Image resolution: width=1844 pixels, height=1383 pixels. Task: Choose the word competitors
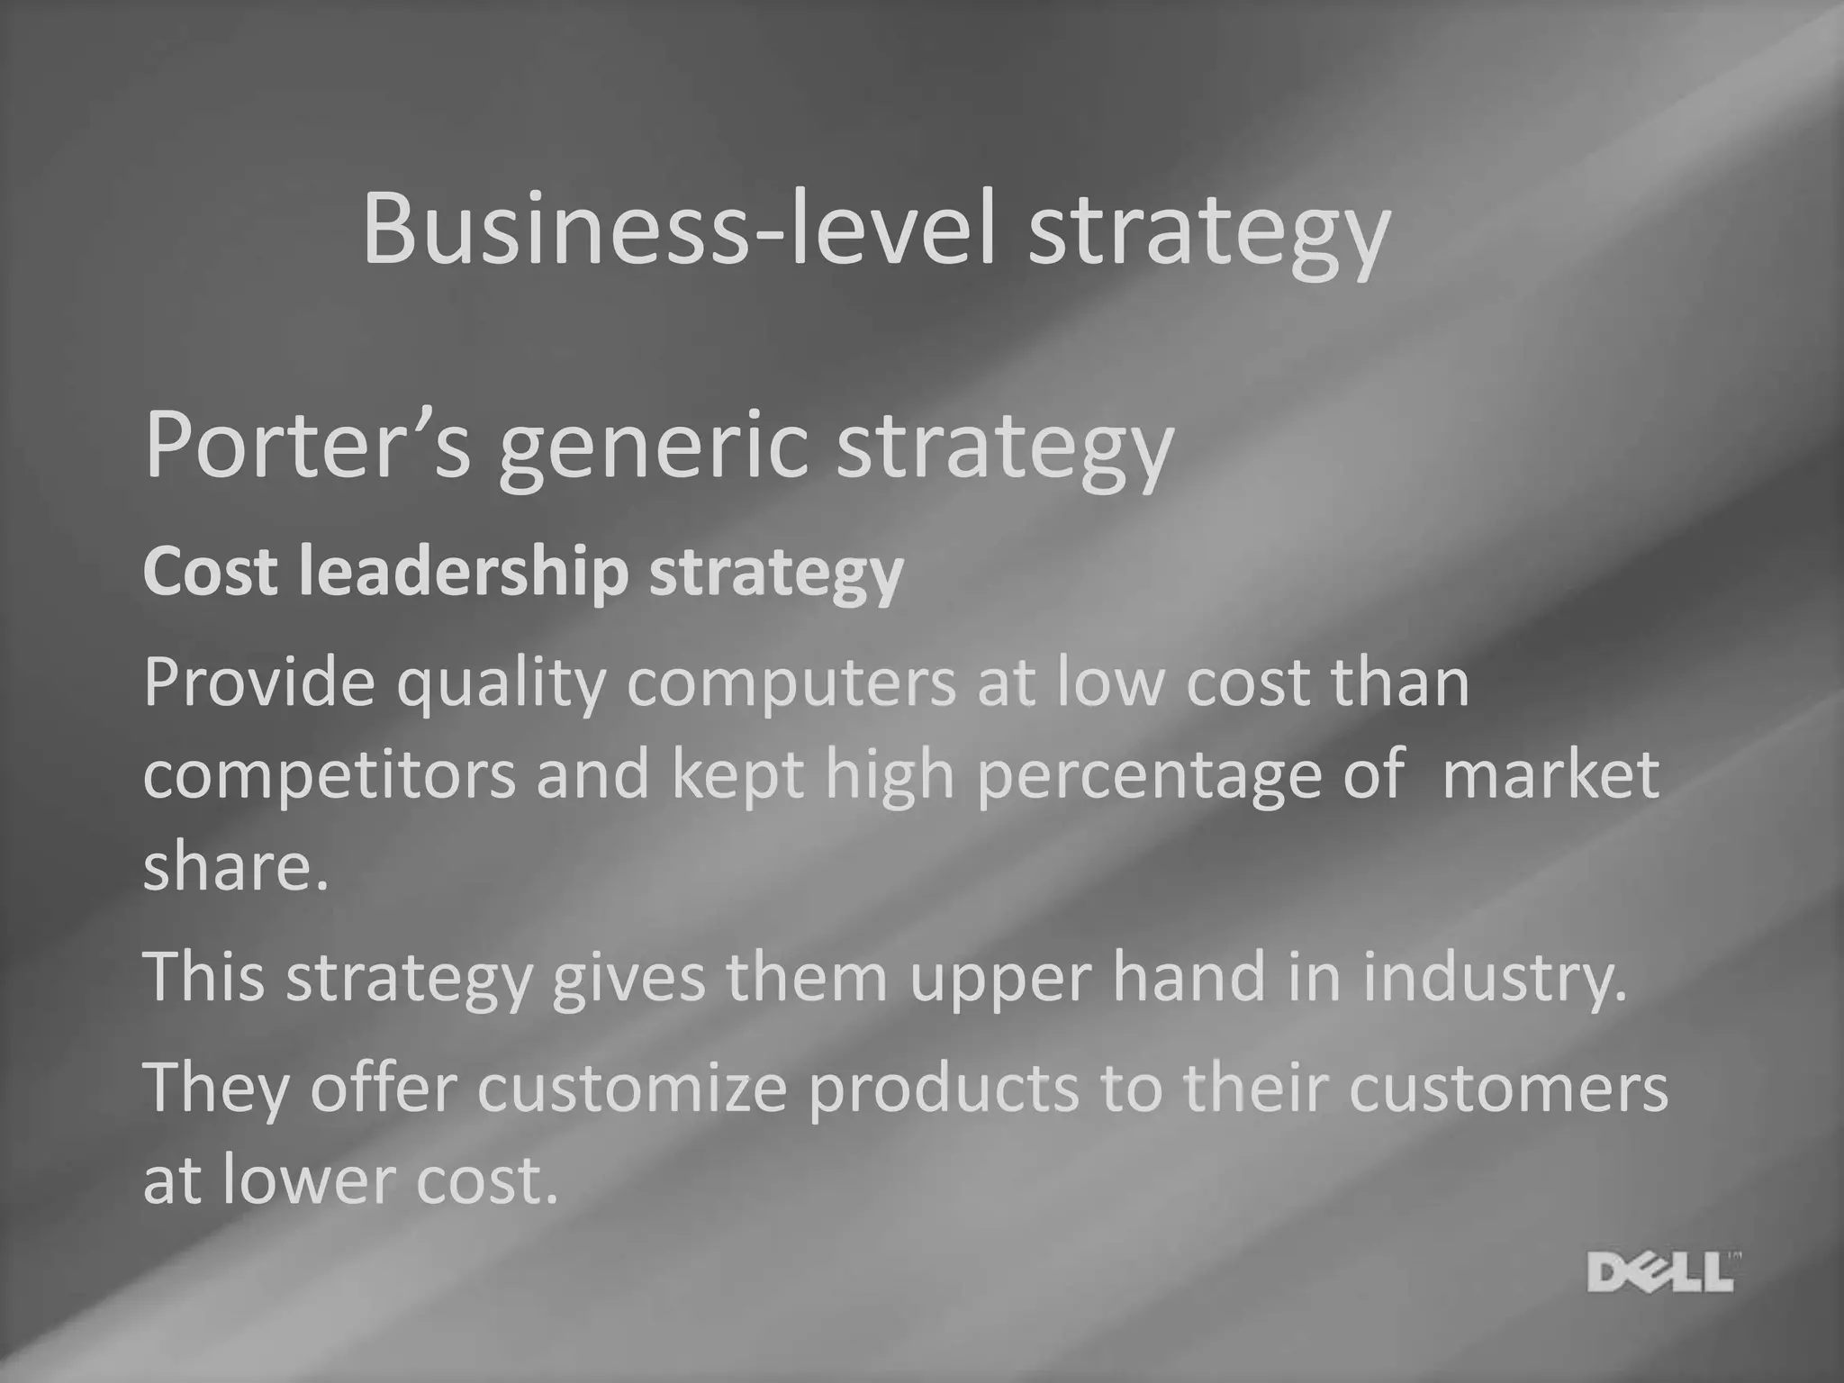330,776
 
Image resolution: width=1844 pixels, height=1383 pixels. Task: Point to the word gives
628,978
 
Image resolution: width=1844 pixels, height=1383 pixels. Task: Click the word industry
1495,978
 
